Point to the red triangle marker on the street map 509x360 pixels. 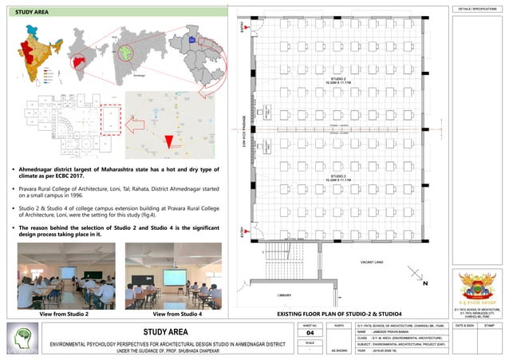[168, 141]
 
